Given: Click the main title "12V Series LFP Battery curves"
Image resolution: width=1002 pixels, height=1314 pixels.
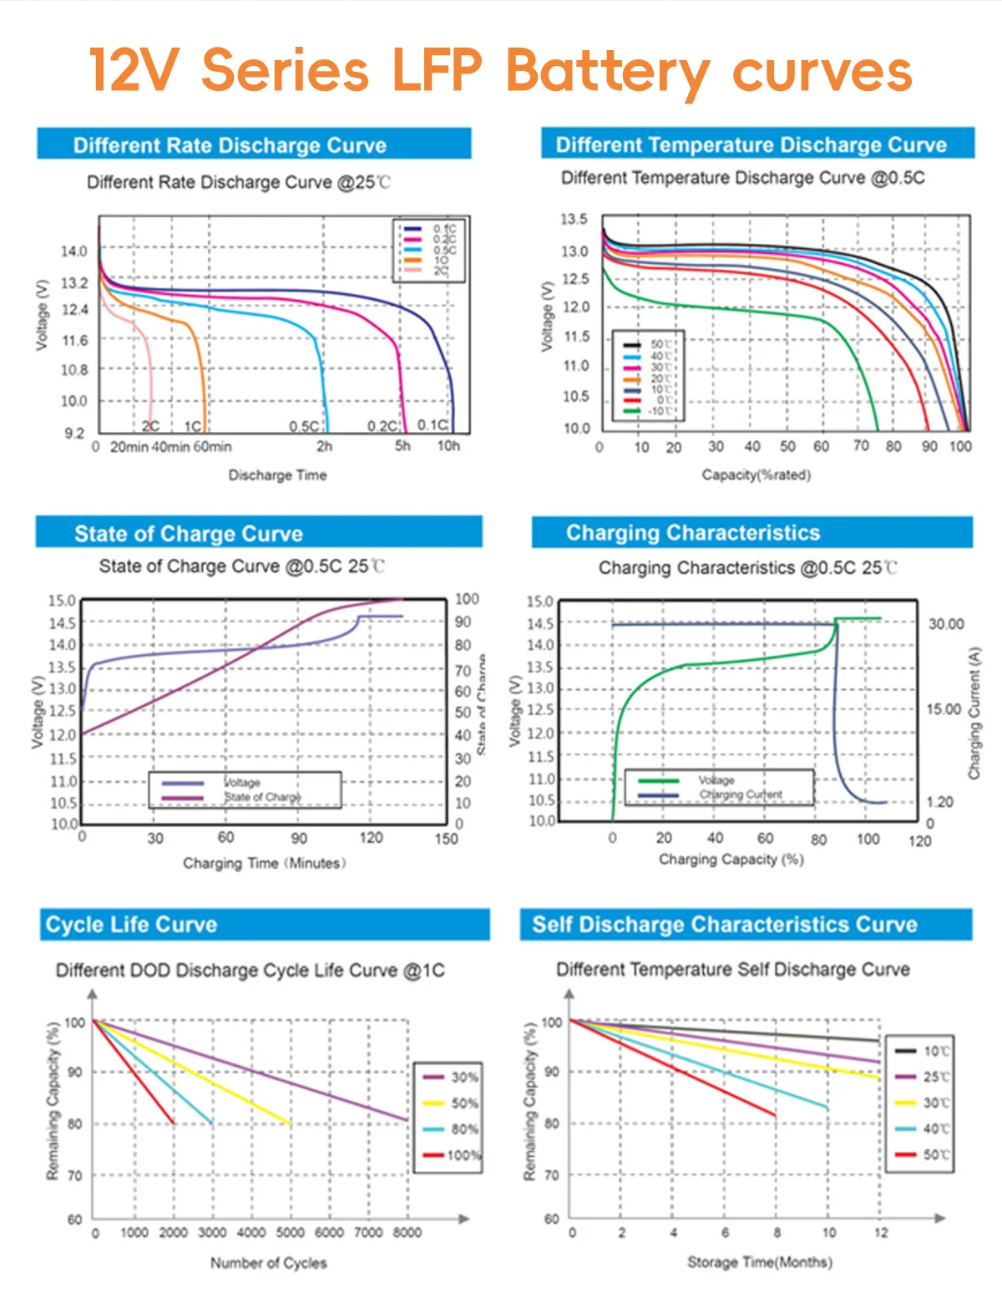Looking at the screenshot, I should tap(501, 71).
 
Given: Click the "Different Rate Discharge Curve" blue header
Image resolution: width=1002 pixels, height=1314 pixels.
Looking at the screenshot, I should tap(230, 145).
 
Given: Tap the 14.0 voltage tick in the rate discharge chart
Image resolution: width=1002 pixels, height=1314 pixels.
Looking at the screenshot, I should tap(73, 251).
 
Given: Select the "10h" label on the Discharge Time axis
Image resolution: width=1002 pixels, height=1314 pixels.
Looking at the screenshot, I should tap(448, 446).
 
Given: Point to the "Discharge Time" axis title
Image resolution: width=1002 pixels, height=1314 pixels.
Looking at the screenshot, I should tap(277, 475).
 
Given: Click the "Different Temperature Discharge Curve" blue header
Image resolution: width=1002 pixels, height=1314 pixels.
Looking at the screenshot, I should tap(751, 145).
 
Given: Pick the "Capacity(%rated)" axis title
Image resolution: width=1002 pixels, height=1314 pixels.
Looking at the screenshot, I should tap(756, 474).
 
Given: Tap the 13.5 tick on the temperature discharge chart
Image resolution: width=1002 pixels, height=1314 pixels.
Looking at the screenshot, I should tap(574, 220).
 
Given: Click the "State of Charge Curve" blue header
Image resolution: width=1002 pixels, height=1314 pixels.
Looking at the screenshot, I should tap(189, 534).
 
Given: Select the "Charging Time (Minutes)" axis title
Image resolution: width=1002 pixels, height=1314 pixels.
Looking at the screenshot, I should tap(264, 863).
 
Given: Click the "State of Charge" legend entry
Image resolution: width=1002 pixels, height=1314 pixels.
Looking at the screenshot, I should tap(262, 797).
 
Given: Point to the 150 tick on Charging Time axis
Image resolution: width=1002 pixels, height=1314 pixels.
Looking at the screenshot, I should tap(446, 838).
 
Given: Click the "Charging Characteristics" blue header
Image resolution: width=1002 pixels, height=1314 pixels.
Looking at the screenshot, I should tap(693, 533).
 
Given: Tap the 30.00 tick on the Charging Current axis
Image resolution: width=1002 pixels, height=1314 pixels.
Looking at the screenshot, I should tap(946, 624).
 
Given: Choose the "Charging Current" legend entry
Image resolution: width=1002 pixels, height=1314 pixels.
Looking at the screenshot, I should tap(741, 794).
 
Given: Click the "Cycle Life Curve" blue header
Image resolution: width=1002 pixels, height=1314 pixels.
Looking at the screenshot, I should tap(131, 925).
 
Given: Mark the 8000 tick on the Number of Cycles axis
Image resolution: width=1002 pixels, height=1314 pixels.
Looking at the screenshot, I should tap(407, 1232).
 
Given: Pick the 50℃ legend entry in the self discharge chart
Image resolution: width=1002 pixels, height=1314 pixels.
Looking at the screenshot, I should tap(936, 1154).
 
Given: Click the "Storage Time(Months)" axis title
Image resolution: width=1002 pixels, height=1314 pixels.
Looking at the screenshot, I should tap(759, 1261).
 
